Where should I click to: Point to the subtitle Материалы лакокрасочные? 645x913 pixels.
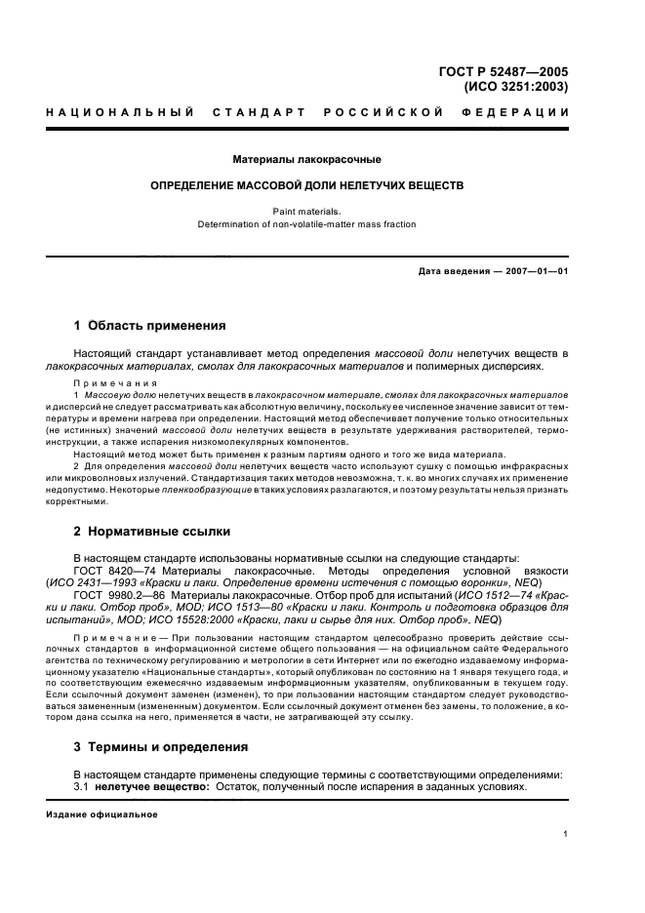tap(306, 158)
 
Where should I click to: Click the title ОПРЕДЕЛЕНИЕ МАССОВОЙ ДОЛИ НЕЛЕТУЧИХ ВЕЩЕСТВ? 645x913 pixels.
tap(306, 184)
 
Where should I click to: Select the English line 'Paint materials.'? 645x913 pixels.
tap(306, 210)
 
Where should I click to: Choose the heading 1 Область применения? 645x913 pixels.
tap(150, 325)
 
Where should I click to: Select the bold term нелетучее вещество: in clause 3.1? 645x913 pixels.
tap(150, 786)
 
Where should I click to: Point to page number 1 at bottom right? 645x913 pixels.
tap(566, 834)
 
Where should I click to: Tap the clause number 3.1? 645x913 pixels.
tap(82, 786)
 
